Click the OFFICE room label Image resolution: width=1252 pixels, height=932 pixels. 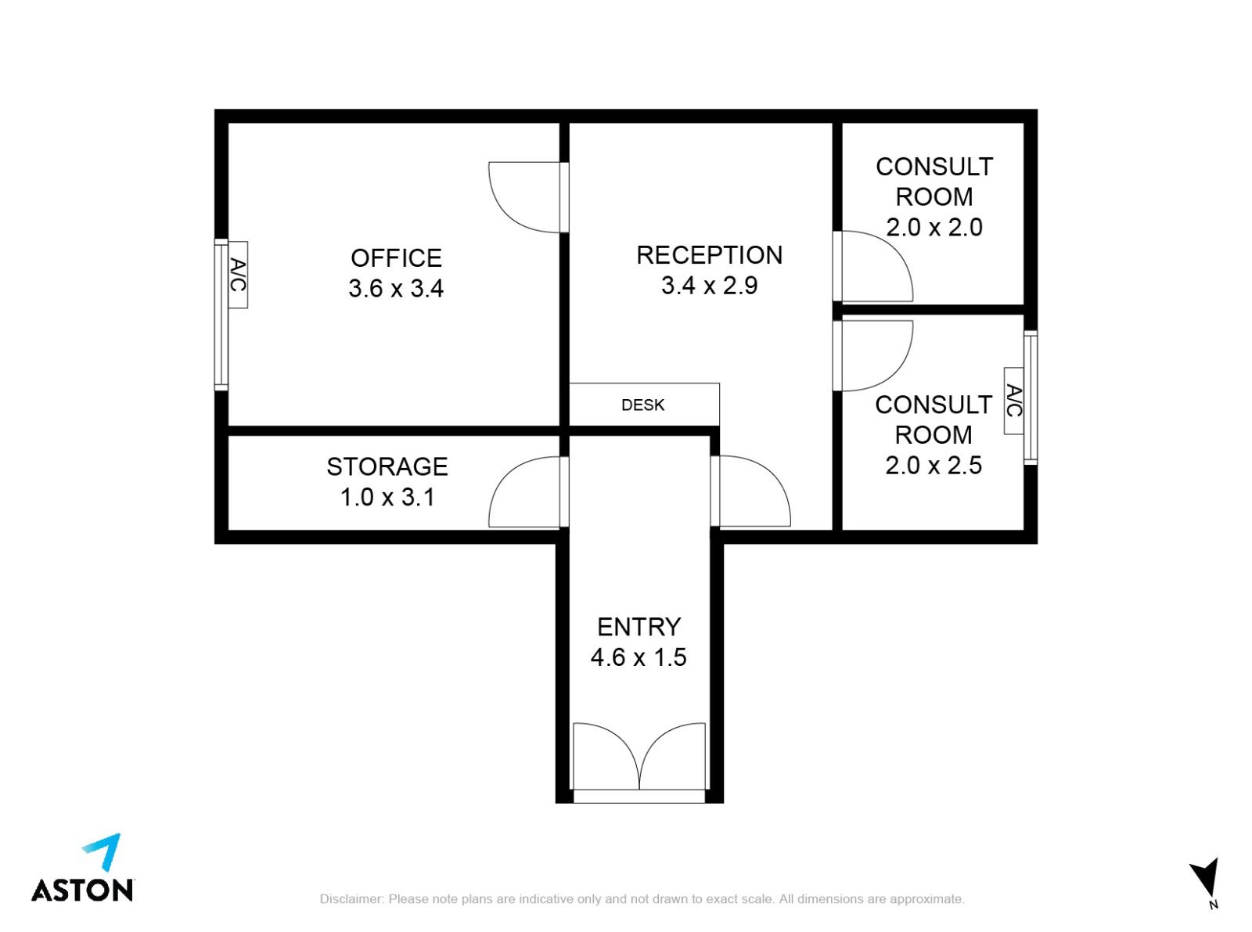[x=396, y=258]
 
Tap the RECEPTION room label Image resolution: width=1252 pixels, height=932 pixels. [x=709, y=255]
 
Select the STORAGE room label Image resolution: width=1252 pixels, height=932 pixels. [x=387, y=467]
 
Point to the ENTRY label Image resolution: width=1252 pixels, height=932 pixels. [x=639, y=627]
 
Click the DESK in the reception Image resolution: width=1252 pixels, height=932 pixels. [x=643, y=405]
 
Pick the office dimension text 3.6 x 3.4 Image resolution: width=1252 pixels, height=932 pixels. [x=396, y=289]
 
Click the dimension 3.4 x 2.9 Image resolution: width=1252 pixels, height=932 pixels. [x=709, y=286]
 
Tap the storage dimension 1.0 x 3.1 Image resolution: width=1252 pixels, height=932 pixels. [x=387, y=498]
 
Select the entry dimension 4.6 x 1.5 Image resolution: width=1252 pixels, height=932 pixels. [x=639, y=657]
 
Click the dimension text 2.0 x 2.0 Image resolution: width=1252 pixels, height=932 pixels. [x=934, y=228]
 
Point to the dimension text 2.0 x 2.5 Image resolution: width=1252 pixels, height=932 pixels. [x=934, y=466]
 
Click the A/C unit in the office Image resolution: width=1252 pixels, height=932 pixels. [x=238, y=275]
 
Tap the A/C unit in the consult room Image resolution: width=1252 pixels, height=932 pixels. [x=1014, y=401]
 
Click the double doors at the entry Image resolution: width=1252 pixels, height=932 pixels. [x=639, y=756]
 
